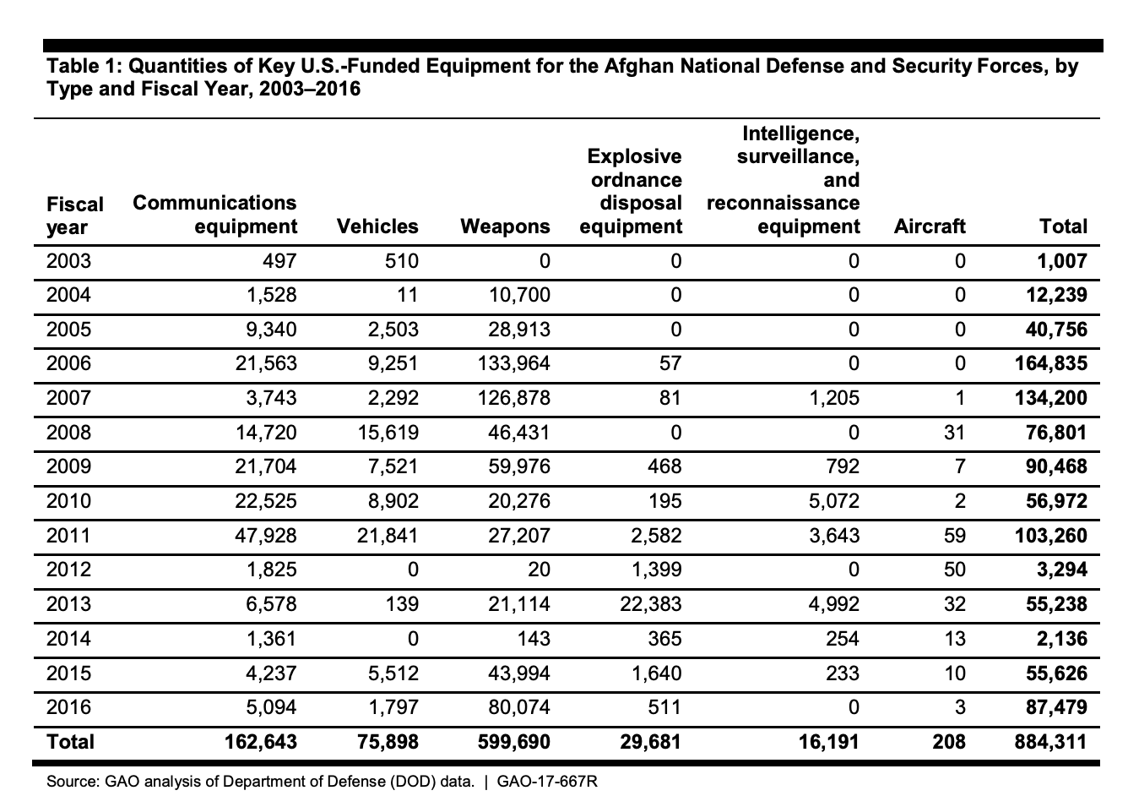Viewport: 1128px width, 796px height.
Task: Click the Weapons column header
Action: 505,226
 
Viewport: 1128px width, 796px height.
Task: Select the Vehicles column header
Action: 377,226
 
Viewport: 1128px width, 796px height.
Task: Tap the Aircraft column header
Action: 929,226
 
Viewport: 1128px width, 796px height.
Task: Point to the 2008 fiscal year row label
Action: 68,433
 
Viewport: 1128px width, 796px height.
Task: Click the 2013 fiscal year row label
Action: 68,604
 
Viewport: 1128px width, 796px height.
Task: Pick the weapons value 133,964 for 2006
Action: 507,363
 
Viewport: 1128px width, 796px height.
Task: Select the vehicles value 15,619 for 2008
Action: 384,433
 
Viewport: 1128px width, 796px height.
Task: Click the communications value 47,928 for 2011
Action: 263,536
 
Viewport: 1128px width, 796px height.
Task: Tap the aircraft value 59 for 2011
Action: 955,536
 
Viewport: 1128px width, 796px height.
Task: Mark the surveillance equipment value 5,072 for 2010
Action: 831,501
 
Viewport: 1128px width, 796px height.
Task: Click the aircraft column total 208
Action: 949,742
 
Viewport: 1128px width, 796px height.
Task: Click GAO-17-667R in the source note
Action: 547,782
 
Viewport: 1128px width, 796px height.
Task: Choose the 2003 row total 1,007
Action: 1061,261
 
